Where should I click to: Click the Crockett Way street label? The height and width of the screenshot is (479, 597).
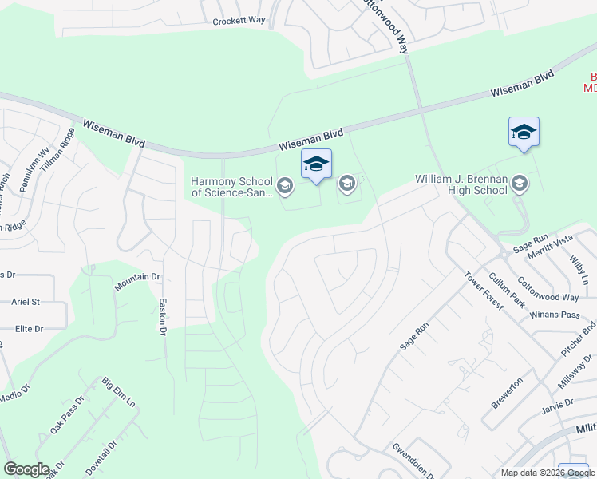coord(239,22)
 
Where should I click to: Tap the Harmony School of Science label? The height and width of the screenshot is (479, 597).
coord(231,187)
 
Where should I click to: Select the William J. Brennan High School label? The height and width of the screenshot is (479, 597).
coord(461,185)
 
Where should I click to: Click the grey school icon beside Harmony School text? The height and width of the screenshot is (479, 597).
coord(285,188)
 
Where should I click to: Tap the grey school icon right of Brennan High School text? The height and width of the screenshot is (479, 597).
coord(519,184)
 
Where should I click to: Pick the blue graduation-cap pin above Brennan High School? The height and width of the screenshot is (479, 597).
coord(524,132)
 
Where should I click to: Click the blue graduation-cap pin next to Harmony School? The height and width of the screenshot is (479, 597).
coord(316,164)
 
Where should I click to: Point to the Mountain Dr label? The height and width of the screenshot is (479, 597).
coord(137,282)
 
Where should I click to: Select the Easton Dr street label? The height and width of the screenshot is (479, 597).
coord(163,316)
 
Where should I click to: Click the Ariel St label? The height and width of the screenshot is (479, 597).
coord(26,302)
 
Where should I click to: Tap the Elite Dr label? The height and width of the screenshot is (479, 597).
coord(29,328)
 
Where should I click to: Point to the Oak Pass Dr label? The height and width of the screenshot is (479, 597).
coord(67,415)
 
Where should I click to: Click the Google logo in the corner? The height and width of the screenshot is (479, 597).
coord(26,469)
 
